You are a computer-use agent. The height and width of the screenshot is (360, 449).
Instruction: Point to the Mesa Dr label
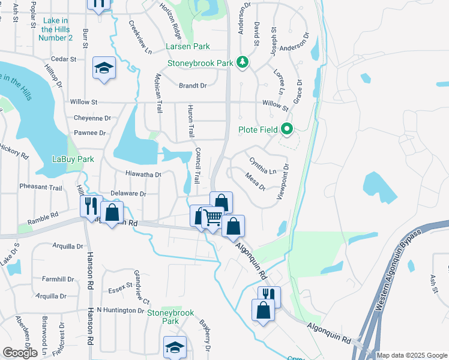pyautogui.click(x=256, y=181)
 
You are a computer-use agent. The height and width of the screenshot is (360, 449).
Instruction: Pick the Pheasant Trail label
pyautogui.click(x=41, y=188)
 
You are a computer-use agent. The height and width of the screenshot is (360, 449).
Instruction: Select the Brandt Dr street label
pyautogui.click(x=193, y=86)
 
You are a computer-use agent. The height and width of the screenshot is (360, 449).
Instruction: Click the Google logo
pyautogui.click(x=20, y=353)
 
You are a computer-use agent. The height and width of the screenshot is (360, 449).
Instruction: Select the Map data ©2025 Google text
pyautogui.click(x=412, y=355)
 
